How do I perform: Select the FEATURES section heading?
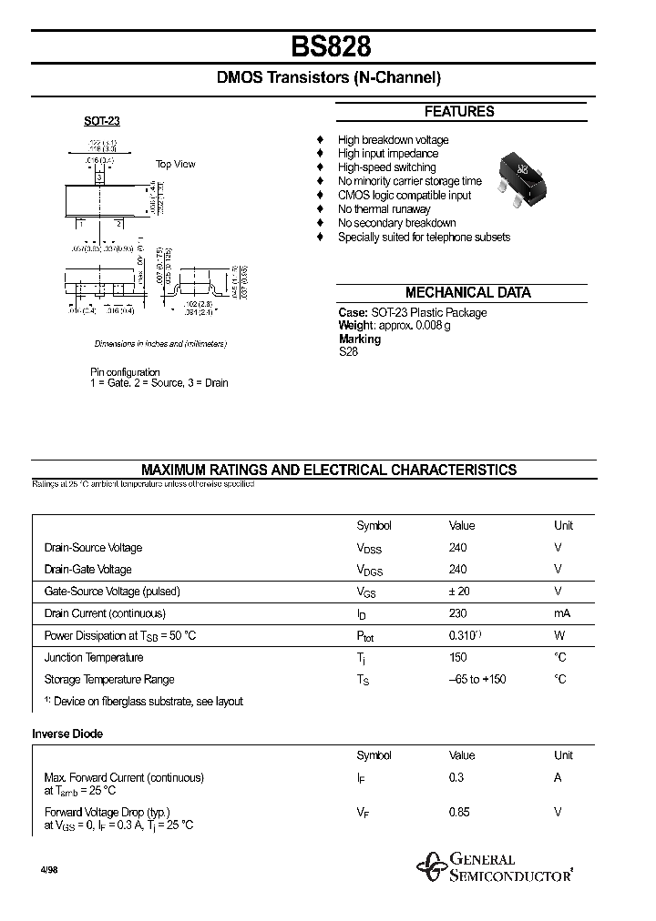coord(459,112)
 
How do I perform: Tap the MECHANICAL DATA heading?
coord(467,293)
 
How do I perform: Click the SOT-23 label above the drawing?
coord(102,121)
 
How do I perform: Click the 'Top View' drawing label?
coord(175,164)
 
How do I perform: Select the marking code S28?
coord(348,351)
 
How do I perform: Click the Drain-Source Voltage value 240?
coord(457,548)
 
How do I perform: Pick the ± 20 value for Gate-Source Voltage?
coord(459,592)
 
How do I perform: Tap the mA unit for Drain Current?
coord(562,613)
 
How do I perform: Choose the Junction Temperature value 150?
coord(457,657)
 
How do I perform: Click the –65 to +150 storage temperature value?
coord(477,679)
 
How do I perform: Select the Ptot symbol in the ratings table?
coord(365,636)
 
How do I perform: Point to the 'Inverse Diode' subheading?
coord(67,734)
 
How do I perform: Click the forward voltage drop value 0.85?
coord(459,812)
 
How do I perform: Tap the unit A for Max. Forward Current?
coord(558,777)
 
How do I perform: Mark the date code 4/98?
coord(48,870)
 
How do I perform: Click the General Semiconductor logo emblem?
coord(429,868)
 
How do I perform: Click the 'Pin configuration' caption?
coord(125,372)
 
